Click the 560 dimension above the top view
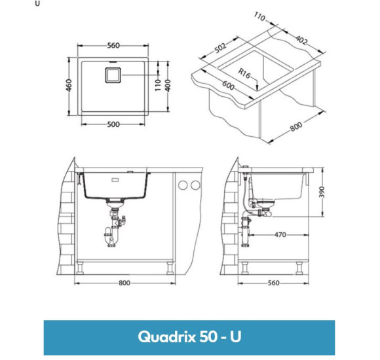tap(113, 45)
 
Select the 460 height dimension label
tap(69, 86)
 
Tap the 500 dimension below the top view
tap(113, 124)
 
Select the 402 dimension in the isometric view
tap(301, 40)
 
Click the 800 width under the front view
tap(124, 283)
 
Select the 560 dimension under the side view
tap(274, 283)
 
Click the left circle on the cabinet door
tap(184, 185)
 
